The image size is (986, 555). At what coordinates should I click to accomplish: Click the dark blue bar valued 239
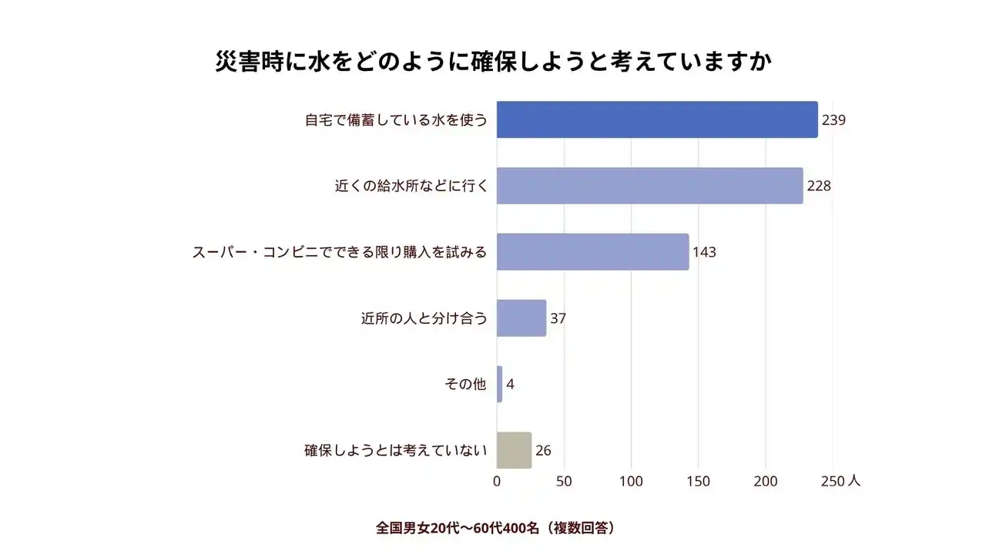[656, 119]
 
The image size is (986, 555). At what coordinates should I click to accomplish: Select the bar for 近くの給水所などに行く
[649, 186]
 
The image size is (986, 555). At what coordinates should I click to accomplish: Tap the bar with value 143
[592, 252]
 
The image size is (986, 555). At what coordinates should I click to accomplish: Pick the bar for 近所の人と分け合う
[521, 318]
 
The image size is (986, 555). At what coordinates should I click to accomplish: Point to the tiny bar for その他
[499, 384]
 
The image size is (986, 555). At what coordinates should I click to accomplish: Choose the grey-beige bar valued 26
[514, 450]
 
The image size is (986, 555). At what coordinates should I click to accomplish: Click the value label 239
[833, 120]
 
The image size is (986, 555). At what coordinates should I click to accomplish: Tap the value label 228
[819, 187]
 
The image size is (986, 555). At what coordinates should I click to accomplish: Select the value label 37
[558, 318]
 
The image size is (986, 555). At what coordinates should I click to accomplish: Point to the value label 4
[510, 385]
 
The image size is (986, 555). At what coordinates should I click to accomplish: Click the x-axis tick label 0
[497, 481]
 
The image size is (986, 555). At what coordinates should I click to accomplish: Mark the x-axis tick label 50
[564, 481]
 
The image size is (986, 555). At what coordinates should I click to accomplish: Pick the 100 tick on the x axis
[631, 481]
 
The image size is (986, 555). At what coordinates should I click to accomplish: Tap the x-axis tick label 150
[698, 481]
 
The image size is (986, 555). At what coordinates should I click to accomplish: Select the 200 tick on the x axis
[765, 481]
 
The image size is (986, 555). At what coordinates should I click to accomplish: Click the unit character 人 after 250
[854, 480]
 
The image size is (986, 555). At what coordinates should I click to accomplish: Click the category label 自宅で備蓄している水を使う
[396, 120]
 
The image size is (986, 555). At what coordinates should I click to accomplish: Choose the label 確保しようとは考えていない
[396, 451]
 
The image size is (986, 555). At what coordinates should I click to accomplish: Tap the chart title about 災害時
[493, 62]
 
